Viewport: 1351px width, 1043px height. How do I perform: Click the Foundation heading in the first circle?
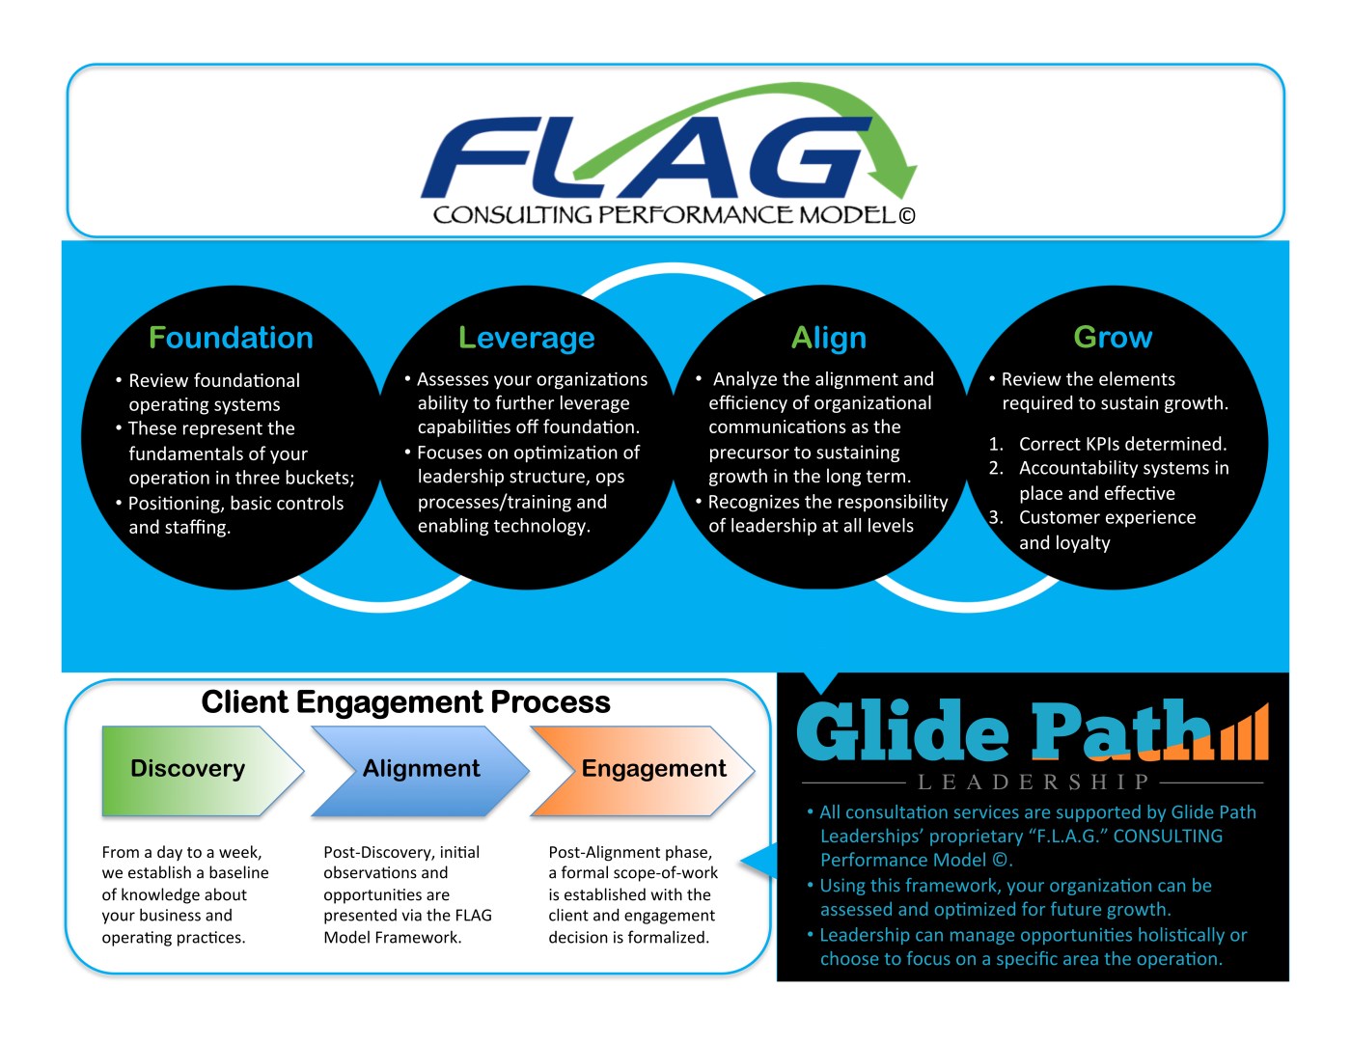(231, 338)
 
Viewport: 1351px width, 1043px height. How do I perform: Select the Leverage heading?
(526, 338)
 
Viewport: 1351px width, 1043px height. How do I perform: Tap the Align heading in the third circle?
(828, 338)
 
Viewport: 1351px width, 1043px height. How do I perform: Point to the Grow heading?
(1113, 337)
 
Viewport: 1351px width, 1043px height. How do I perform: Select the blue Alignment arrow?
(420, 770)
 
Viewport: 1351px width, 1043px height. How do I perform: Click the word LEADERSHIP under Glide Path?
(1033, 782)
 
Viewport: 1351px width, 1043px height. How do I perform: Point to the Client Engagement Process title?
(405, 702)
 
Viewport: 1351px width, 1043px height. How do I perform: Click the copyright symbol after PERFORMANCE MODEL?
(906, 216)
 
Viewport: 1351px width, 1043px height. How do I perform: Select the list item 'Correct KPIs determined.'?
(1122, 444)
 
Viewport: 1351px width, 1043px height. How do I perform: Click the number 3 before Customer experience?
(995, 517)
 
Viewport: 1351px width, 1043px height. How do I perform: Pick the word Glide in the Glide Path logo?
(901, 731)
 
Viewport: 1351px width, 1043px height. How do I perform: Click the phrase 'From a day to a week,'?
(181, 852)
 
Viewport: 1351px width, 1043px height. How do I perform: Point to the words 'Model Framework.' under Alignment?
(392, 937)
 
